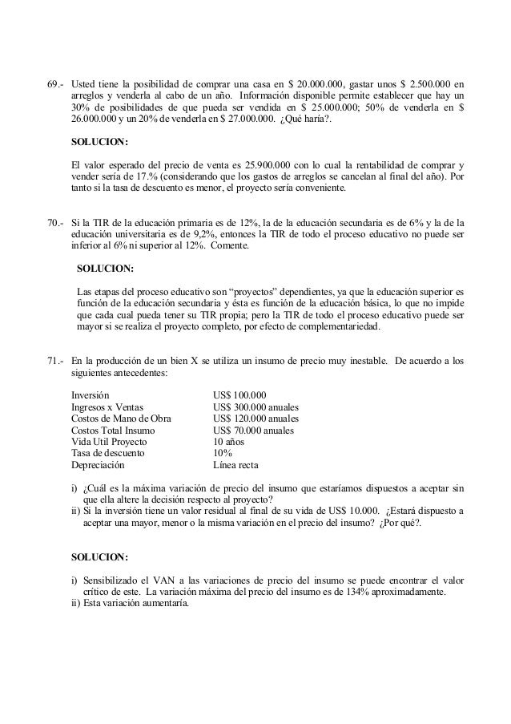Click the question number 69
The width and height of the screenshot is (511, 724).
tap(55, 83)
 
